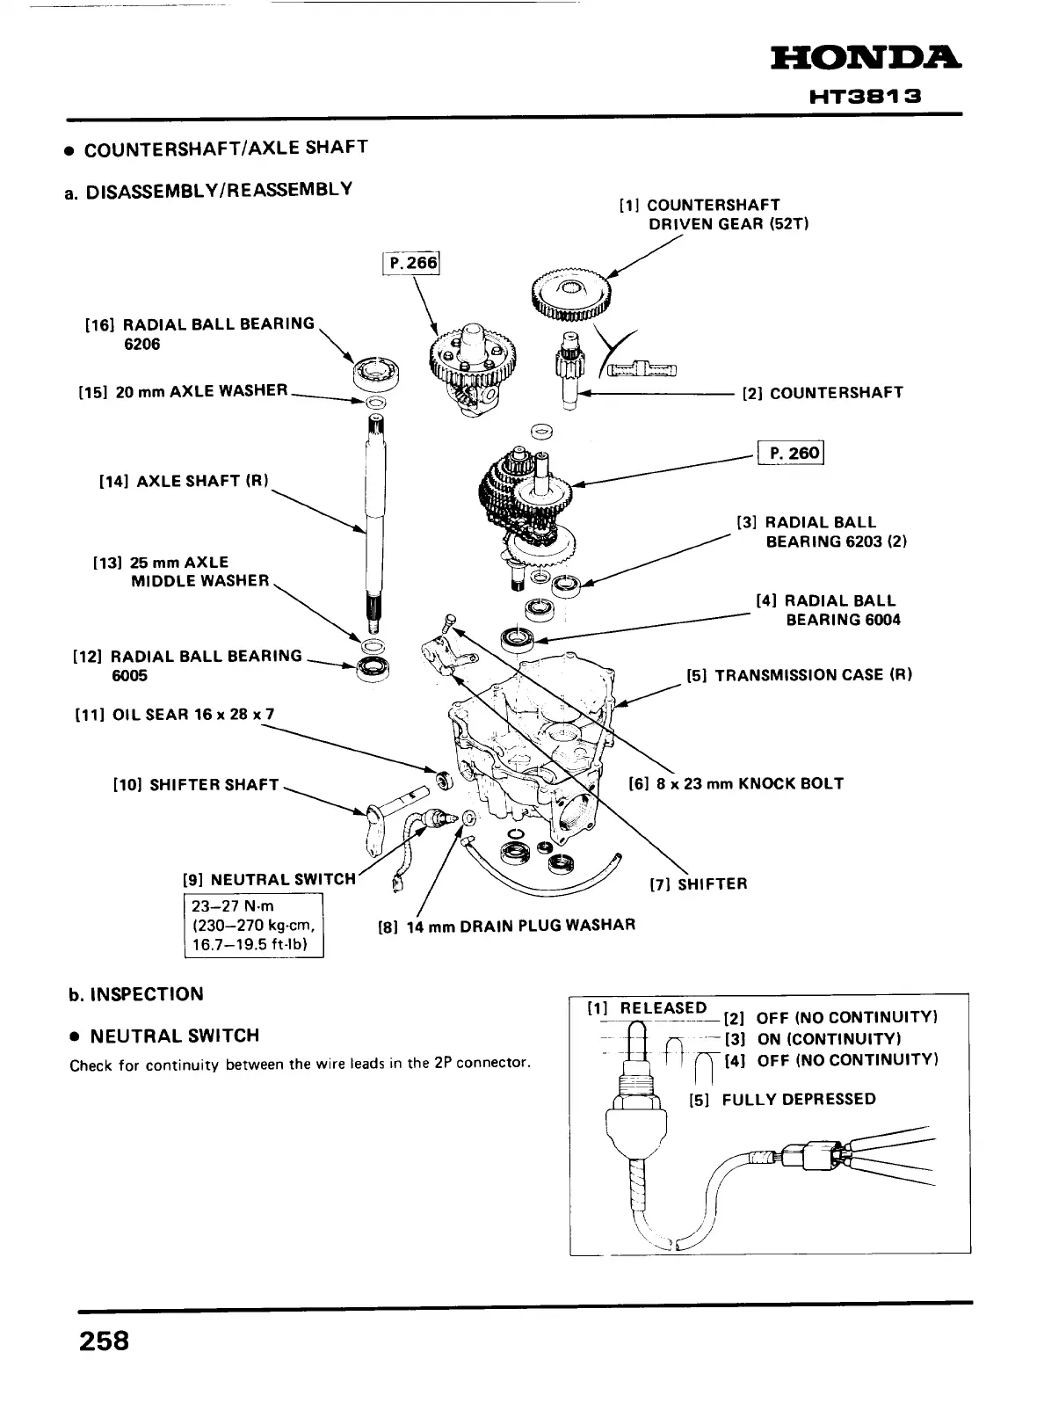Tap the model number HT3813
coord(865,98)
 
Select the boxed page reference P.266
coord(410,264)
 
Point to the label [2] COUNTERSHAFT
coord(823,393)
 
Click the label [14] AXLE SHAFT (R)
coord(184,481)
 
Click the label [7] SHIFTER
coord(699,883)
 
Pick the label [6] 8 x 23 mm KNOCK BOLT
coord(736,783)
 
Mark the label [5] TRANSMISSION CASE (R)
coord(800,675)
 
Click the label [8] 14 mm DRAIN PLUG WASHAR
coord(505,925)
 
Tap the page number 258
coord(104,1341)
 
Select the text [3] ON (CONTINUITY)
coord(821,1039)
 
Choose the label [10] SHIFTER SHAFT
coord(196,784)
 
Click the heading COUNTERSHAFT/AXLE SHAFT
coord(225,149)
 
